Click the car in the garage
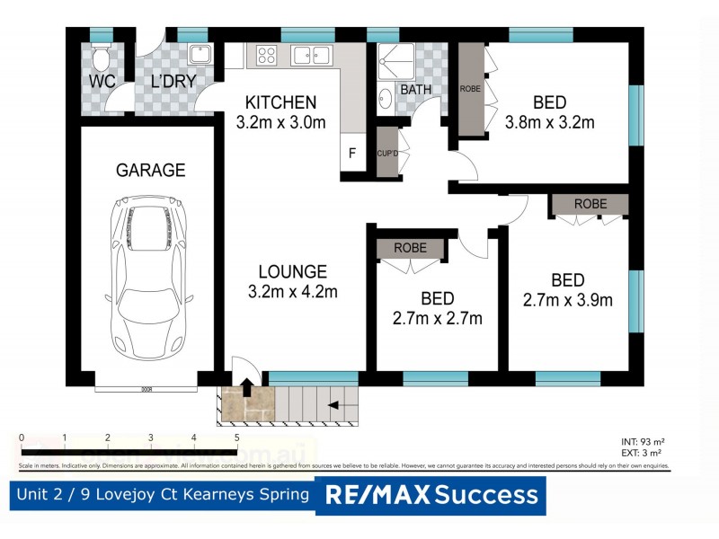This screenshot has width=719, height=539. tap(150, 279)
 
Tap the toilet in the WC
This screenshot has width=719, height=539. tap(101, 60)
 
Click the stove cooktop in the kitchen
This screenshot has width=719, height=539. tap(267, 57)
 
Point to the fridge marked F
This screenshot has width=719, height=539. tap(352, 153)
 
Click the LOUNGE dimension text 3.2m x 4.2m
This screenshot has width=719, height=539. tap(292, 291)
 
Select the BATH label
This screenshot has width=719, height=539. tap(415, 90)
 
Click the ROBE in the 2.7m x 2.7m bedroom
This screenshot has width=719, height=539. tap(410, 248)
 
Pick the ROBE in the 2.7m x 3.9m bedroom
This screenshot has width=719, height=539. tap(590, 203)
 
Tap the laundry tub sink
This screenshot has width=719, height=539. tap(198, 54)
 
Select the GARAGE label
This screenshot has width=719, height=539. tap(150, 170)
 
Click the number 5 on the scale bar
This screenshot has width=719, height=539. tap(236, 437)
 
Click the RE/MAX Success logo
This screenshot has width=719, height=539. tap(431, 495)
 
